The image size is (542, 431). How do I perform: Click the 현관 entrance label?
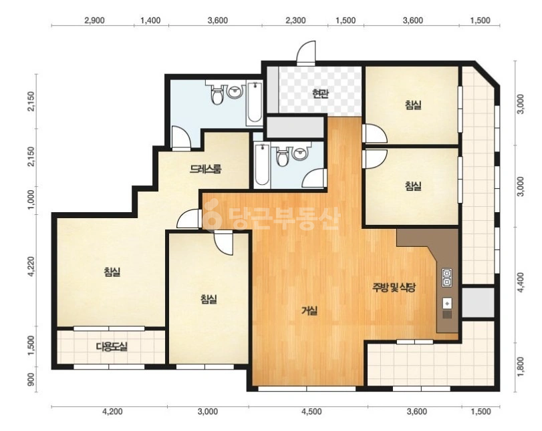pyautogui.click(x=320, y=93)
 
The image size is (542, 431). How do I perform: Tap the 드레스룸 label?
pyautogui.click(x=205, y=169)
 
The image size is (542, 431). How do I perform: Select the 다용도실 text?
pyautogui.click(x=112, y=346)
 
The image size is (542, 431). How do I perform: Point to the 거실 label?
pyautogui.click(x=309, y=311)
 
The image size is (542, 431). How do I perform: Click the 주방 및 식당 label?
pyautogui.click(x=394, y=288)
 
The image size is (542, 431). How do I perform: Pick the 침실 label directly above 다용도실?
pyautogui.click(x=112, y=272)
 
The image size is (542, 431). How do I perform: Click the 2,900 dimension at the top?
pyautogui.click(x=94, y=21)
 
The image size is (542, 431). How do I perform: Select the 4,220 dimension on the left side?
pyautogui.click(x=32, y=266)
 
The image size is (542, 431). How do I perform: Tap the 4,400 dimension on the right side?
pyautogui.click(x=521, y=282)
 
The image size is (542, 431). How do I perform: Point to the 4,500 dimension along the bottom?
pyautogui.click(x=311, y=412)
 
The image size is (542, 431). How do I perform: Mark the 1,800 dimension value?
pyautogui.click(x=521, y=367)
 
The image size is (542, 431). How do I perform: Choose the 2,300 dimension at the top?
pyautogui.click(x=295, y=21)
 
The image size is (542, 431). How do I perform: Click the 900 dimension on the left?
pyautogui.click(x=32, y=380)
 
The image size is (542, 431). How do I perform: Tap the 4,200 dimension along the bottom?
pyautogui.click(x=112, y=412)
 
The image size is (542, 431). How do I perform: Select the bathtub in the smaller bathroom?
pyautogui.click(x=262, y=165)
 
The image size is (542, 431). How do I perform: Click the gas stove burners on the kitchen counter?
pyautogui.click(x=447, y=278)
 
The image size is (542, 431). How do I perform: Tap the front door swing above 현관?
pyautogui.click(x=306, y=53)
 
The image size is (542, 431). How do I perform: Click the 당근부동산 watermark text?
pyautogui.click(x=272, y=216)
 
